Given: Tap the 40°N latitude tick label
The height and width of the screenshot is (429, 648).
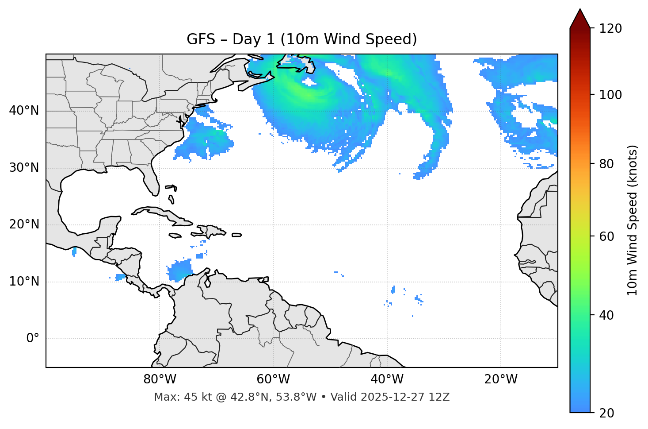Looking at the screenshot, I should point(24,111).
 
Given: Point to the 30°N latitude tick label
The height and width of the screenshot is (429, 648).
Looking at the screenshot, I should point(24,168).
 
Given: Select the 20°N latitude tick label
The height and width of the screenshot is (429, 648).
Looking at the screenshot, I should point(24,224).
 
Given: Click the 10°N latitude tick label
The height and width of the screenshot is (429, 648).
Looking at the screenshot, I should point(24,282).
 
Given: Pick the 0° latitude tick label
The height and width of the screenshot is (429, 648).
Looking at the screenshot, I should point(33,339).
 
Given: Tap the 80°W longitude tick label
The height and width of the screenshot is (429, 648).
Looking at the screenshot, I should point(160,379).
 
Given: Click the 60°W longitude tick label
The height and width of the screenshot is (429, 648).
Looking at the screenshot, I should point(273,379).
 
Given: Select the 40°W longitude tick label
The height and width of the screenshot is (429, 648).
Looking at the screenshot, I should point(387,379).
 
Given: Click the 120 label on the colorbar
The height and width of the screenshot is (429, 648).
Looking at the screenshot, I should point(610,29).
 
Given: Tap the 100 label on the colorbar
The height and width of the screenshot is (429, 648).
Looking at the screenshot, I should point(610,95).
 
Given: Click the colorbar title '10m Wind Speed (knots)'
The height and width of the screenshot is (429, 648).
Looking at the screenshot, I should point(633,220).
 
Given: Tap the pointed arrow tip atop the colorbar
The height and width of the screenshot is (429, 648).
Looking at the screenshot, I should point(580,11).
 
